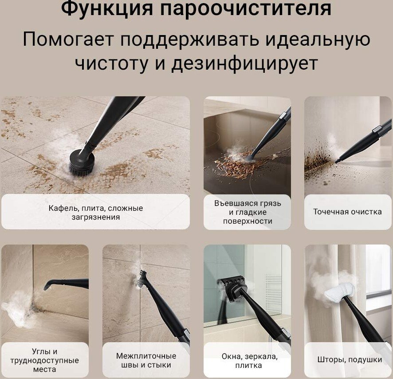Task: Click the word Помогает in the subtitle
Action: point(68,39)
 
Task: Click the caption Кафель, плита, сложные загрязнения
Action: point(96,213)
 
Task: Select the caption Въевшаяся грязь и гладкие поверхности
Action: point(248,212)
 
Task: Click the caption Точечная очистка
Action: point(347,212)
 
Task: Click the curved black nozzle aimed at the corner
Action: point(66,284)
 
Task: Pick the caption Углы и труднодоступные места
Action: point(45,360)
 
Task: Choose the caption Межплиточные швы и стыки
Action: point(146,360)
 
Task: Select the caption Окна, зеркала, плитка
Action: point(250,361)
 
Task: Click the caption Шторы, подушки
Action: point(350,359)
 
